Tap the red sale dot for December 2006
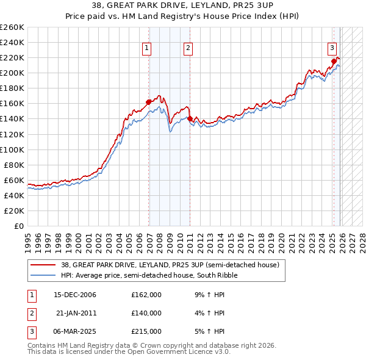[x=148, y=102]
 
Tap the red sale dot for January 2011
[x=190, y=119]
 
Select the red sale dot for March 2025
[x=334, y=61]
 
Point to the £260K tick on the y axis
[x=12, y=27]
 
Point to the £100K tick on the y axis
[x=12, y=149]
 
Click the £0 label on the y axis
[x=19, y=226]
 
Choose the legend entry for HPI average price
[x=148, y=275]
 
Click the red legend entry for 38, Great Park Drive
[x=170, y=265]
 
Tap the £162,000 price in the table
[x=146, y=295]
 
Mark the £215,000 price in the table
[x=146, y=331]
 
